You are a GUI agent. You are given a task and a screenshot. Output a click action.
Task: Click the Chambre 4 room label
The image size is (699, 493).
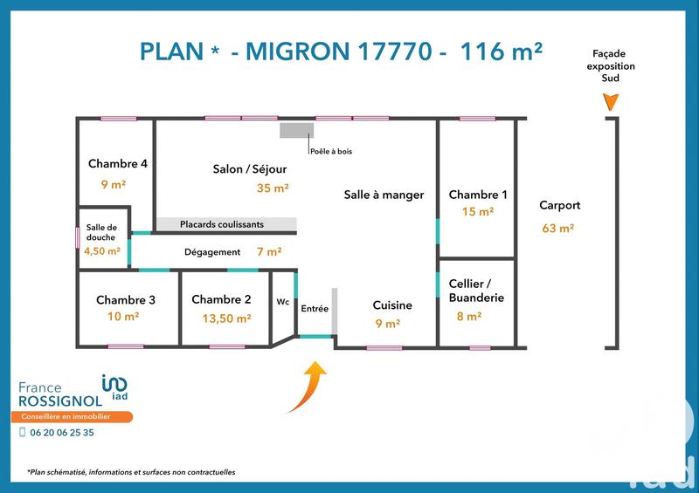coord(117,163)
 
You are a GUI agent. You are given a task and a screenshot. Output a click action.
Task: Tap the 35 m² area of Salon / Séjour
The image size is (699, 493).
coord(273,187)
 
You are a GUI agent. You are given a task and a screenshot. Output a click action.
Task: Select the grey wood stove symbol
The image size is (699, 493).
coord(296,130)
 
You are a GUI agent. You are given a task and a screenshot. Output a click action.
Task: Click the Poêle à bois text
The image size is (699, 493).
coord(331,152)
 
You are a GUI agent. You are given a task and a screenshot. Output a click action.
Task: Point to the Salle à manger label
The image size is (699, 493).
coord(384,195)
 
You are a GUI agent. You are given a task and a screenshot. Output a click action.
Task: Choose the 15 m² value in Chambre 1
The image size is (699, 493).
coord(478,211)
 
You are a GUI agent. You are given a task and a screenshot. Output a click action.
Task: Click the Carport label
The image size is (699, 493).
coord(559,206)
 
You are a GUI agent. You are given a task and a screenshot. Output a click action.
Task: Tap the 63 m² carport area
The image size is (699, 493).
coord(557,229)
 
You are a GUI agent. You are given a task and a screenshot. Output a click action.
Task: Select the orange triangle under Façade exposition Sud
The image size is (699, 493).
coord(612,102)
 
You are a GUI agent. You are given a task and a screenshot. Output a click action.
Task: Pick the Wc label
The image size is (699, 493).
coord(282,302)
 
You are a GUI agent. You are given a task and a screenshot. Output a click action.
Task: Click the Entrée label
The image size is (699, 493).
coord(315,309)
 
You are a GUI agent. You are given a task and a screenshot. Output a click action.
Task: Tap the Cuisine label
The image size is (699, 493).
coord(391,305)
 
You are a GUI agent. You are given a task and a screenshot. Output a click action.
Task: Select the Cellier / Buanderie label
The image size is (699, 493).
coord(476,291)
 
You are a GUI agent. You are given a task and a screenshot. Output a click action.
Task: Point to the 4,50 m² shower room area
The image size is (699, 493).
coord(102,250)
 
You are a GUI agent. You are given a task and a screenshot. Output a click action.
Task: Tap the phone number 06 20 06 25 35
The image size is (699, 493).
coord(62,432)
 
